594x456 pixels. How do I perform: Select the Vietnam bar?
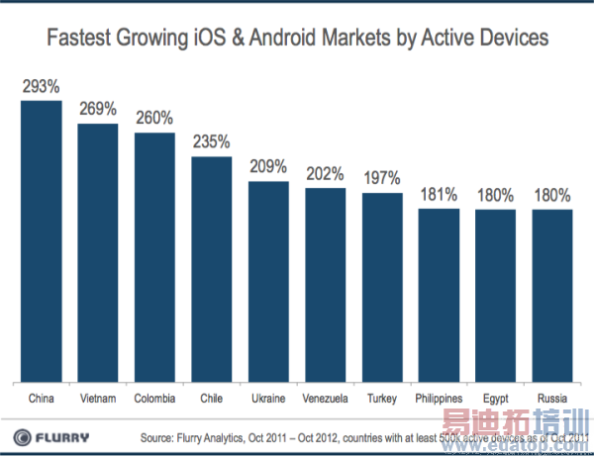pos(98,252)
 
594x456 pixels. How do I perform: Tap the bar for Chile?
pos(211,268)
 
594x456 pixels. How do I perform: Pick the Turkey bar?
pos(381,287)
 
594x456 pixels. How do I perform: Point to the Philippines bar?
pos(439,295)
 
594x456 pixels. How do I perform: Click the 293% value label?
pos(41,87)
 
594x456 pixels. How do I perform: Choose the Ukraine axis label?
pos(268,398)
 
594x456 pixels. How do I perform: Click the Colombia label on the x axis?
pos(154,398)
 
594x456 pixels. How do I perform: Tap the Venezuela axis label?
pos(325,398)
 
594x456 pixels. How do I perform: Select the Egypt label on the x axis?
pos(495,398)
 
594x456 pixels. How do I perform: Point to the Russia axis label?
pos(552,398)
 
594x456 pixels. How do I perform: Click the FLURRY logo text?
pos(67,437)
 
